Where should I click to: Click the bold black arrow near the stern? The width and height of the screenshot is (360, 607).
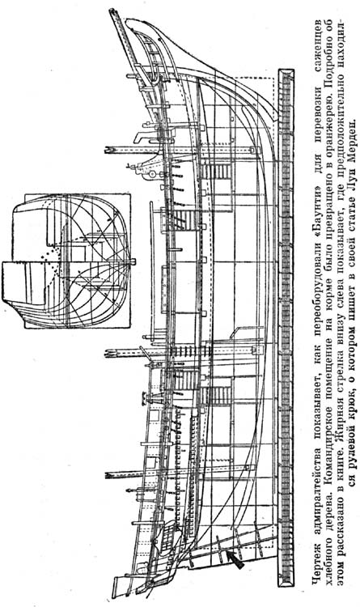235,559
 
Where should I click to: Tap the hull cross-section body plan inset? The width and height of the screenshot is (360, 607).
66,260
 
